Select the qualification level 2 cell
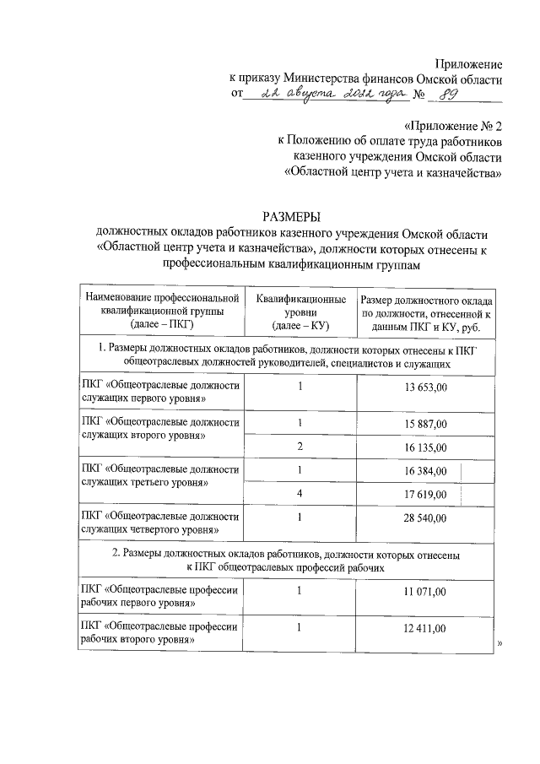pyautogui.click(x=299, y=447)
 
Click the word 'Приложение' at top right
pyautogui.click(x=468, y=64)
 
